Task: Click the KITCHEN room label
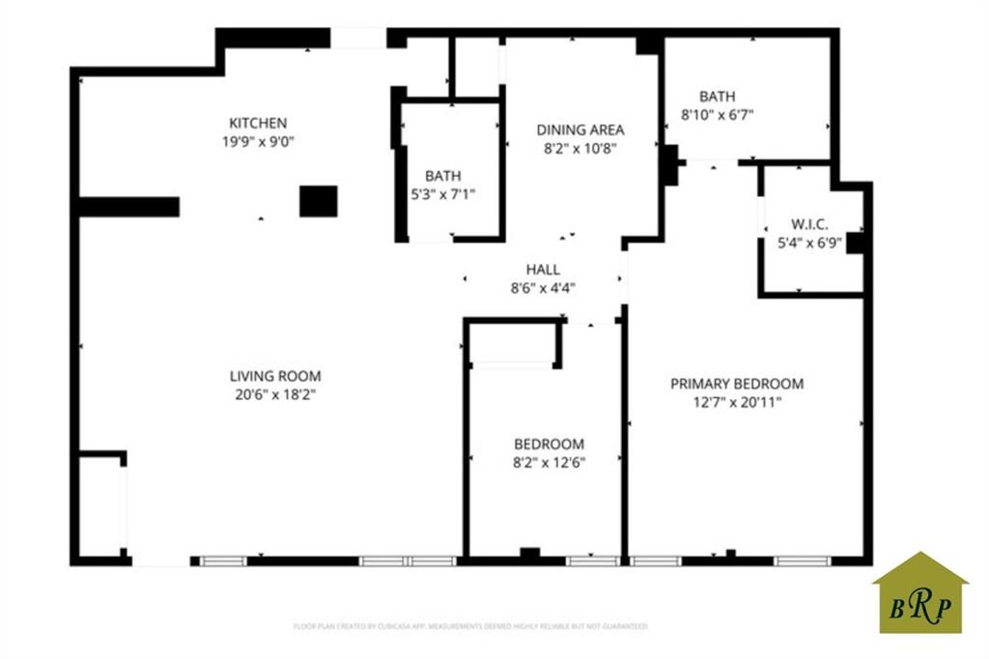(258, 123)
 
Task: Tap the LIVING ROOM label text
(275, 376)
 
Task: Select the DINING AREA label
(580, 129)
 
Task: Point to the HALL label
(543, 270)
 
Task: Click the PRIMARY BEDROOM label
(737, 384)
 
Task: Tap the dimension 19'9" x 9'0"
(258, 141)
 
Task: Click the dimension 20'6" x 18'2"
(275, 393)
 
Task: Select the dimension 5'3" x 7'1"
(442, 193)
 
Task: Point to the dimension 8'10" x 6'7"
(717, 114)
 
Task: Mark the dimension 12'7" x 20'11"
(737, 402)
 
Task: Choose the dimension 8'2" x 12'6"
(549, 461)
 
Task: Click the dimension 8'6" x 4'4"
(543, 287)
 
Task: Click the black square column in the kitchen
(318, 201)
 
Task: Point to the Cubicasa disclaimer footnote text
(470, 626)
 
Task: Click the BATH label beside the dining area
(442, 176)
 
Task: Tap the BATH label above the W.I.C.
(717, 97)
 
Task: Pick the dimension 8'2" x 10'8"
(580, 148)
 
